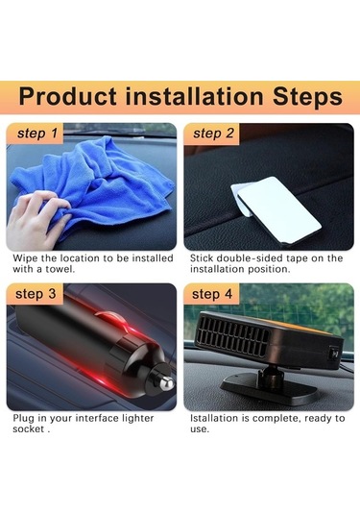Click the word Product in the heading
(x=68, y=96)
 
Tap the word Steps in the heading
(x=307, y=97)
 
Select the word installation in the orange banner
(x=195, y=96)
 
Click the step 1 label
(x=37, y=134)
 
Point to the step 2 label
(x=213, y=134)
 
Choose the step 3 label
(x=36, y=294)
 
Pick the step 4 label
(x=212, y=294)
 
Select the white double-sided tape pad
(x=276, y=209)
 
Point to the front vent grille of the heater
(x=233, y=337)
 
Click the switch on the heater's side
(x=334, y=354)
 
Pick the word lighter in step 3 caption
(x=138, y=419)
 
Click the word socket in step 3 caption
(x=28, y=429)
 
